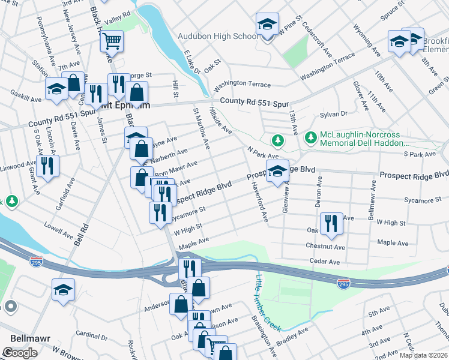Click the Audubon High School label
[x=218, y=37]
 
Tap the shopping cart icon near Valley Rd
[x=111, y=41]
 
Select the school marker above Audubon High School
[x=267, y=25]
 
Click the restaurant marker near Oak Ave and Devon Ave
[x=331, y=224]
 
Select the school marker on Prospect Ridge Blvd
[x=277, y=172]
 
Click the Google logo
[x=20, y=353]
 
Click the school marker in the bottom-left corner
[x=63, y=290]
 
